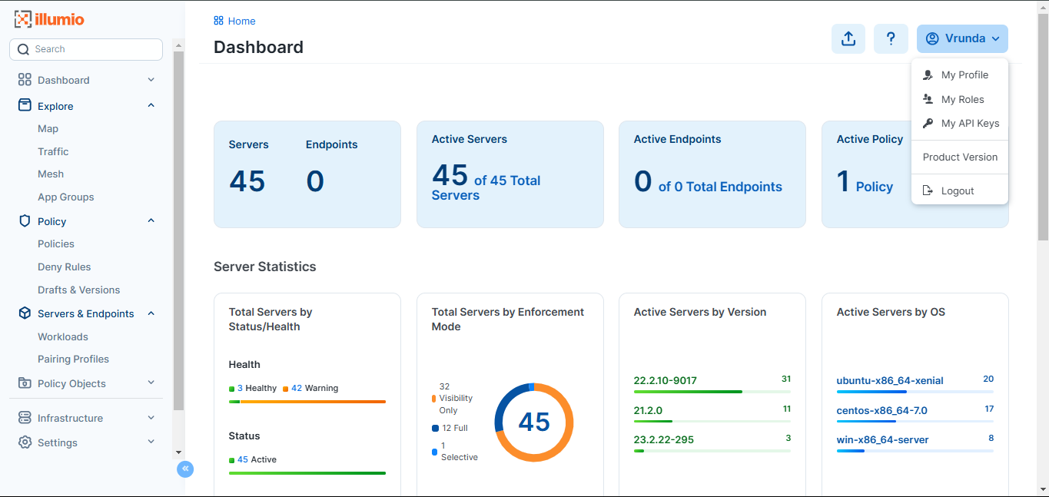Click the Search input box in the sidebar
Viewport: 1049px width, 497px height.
(86, 49)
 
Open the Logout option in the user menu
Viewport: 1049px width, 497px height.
(958, 191)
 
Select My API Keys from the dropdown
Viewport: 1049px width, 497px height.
(970, 123)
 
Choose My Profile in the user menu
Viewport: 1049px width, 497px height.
(964, 75)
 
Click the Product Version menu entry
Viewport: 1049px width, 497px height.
(960, 157)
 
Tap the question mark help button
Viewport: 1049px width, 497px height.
(891, 39)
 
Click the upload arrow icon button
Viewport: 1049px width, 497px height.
(848, 39)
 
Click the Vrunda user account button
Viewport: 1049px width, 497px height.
(962, 39)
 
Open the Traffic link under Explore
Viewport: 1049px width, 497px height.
(53, 151)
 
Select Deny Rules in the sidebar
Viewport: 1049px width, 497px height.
(64, 267)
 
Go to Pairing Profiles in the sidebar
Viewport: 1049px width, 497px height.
(73, 359)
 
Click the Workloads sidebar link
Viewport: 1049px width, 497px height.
(63, 336)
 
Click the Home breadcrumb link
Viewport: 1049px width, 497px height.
(241, 21)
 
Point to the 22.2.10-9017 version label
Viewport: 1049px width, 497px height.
(665, 380)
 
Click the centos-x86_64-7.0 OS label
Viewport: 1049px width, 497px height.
(881, 410)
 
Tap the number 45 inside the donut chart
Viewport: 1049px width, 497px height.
(534, 422)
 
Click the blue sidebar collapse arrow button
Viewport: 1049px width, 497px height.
(185, 469)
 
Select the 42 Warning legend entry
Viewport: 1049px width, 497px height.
(310, 388)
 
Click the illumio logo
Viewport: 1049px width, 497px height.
(49, 19)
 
